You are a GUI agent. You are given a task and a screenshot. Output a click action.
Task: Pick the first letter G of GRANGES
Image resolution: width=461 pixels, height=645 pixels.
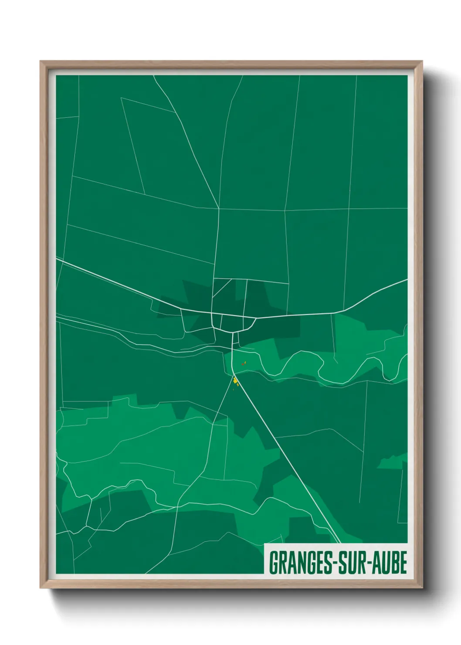[273, 563]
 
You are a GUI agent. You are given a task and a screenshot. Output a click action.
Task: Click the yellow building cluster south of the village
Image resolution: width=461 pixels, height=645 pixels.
[236, 382]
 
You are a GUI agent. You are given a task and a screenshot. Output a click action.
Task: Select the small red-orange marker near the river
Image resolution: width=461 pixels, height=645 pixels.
[244, 363]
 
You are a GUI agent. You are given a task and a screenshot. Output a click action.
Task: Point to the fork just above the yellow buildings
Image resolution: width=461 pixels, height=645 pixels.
[234, 375]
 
